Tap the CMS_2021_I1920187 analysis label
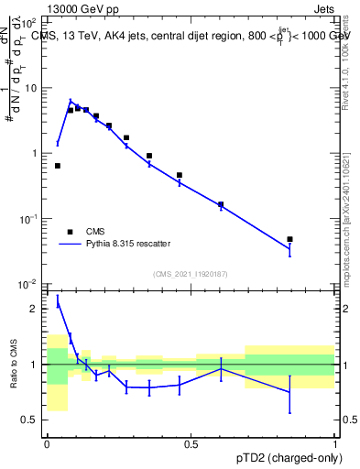(x=190, y=274)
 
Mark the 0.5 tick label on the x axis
(x=191, y=443)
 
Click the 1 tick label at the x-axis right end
(x=335, y=443)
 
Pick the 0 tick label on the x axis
(x=47, y=443)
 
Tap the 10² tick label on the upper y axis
(x=34, y=22)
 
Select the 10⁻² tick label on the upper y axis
(x=33, y=284)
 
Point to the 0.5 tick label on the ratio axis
(x=33, y=420)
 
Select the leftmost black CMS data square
(x=58, y=166)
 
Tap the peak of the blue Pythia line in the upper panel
(x=71, y=102)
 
